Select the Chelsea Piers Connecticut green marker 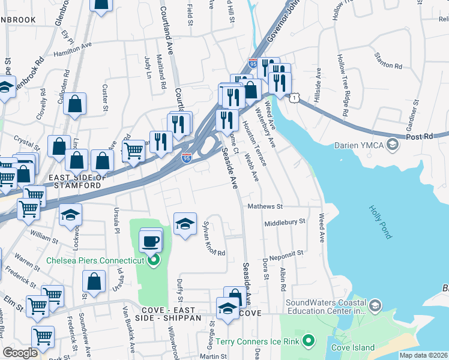(x=154, y=260)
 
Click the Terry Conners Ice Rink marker (x=309, y=341)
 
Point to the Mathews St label (x=265, y=206)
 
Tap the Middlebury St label (x=285, y=221)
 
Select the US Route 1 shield (x=294, y=97)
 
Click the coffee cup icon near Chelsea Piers (x=150, y=241)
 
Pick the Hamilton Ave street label (x=73, y=49)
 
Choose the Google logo (x=20, y=353)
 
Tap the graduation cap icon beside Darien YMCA (x=393, y=145)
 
